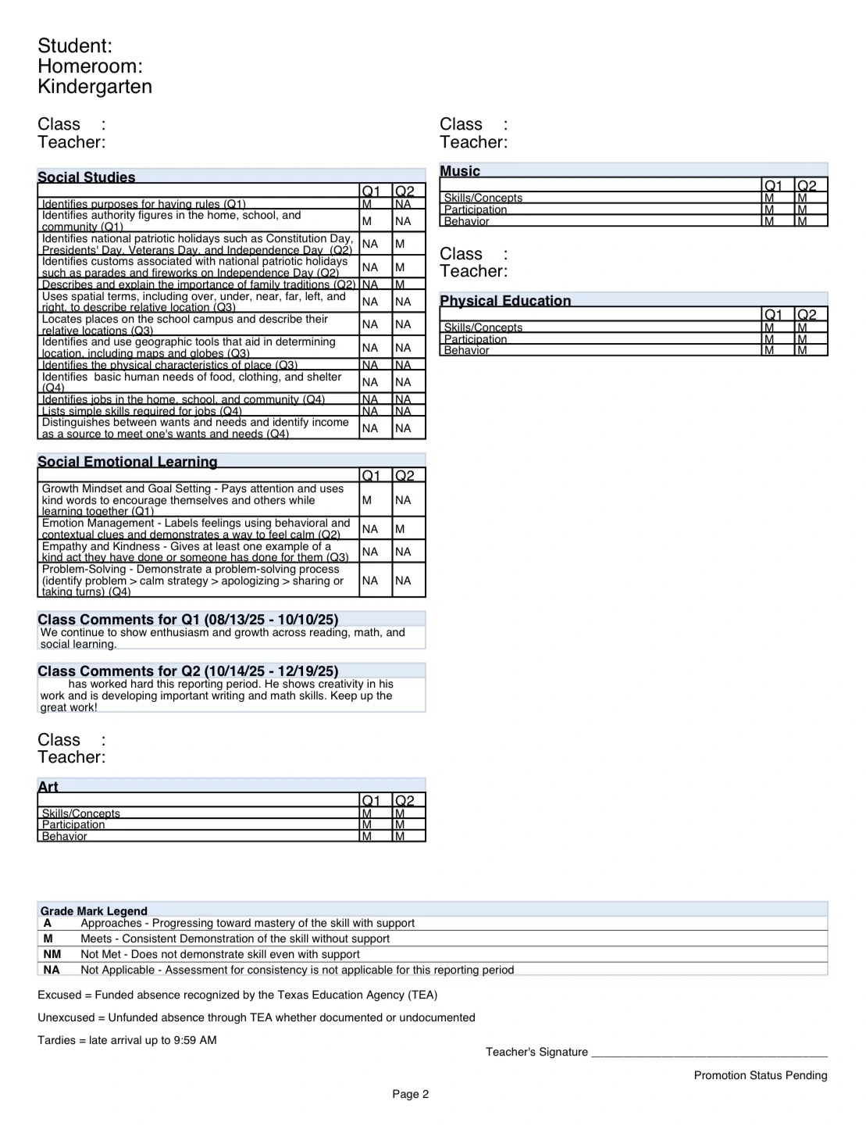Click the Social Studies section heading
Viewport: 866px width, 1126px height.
point(87,177)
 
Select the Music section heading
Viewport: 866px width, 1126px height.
point(460,171)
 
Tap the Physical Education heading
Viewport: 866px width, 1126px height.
point(505,301)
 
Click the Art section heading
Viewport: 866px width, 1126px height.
point(48,787)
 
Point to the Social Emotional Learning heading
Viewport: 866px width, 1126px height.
point(127,462)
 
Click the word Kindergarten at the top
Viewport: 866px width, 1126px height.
point(94,87)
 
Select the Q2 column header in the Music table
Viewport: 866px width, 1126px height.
point(807,186)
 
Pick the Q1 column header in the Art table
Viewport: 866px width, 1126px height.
point(371,801)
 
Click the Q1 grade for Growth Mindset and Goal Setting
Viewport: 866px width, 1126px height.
point(367,500)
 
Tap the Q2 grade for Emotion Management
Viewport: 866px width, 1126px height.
point(400,529)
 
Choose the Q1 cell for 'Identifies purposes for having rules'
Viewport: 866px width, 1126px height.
point(367,205)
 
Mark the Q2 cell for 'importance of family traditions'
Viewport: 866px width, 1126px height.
point(400,285)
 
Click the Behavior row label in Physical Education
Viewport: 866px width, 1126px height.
point(466,351)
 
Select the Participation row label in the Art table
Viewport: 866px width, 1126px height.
point(73,825)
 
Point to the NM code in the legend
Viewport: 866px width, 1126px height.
point(52,954)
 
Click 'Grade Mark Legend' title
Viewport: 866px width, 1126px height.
point(94,911)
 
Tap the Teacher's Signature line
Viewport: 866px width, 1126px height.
point(708,1053)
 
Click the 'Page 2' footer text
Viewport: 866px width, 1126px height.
point(411,1094)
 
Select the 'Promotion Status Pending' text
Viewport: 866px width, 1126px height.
point(760,1075)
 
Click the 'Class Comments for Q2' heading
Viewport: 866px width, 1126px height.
point(187,671)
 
